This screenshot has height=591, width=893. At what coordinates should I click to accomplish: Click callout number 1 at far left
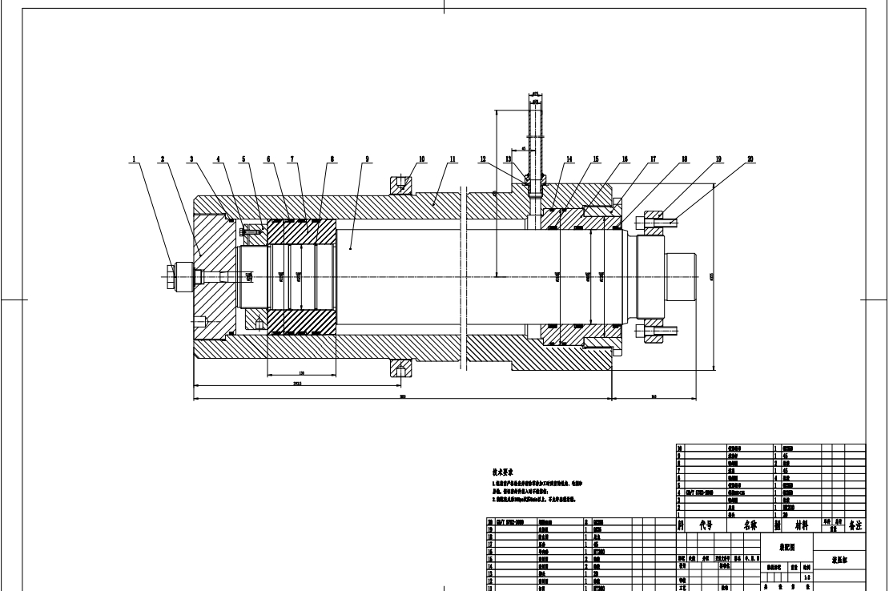click(135, 159)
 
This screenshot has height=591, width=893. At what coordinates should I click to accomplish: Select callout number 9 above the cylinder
click(367, 159)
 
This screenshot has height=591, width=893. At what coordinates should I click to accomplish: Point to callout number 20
click(750, 159)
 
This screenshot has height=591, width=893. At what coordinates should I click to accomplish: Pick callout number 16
click(624, 159)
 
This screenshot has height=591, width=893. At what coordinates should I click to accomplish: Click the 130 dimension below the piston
click(302, 374)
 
